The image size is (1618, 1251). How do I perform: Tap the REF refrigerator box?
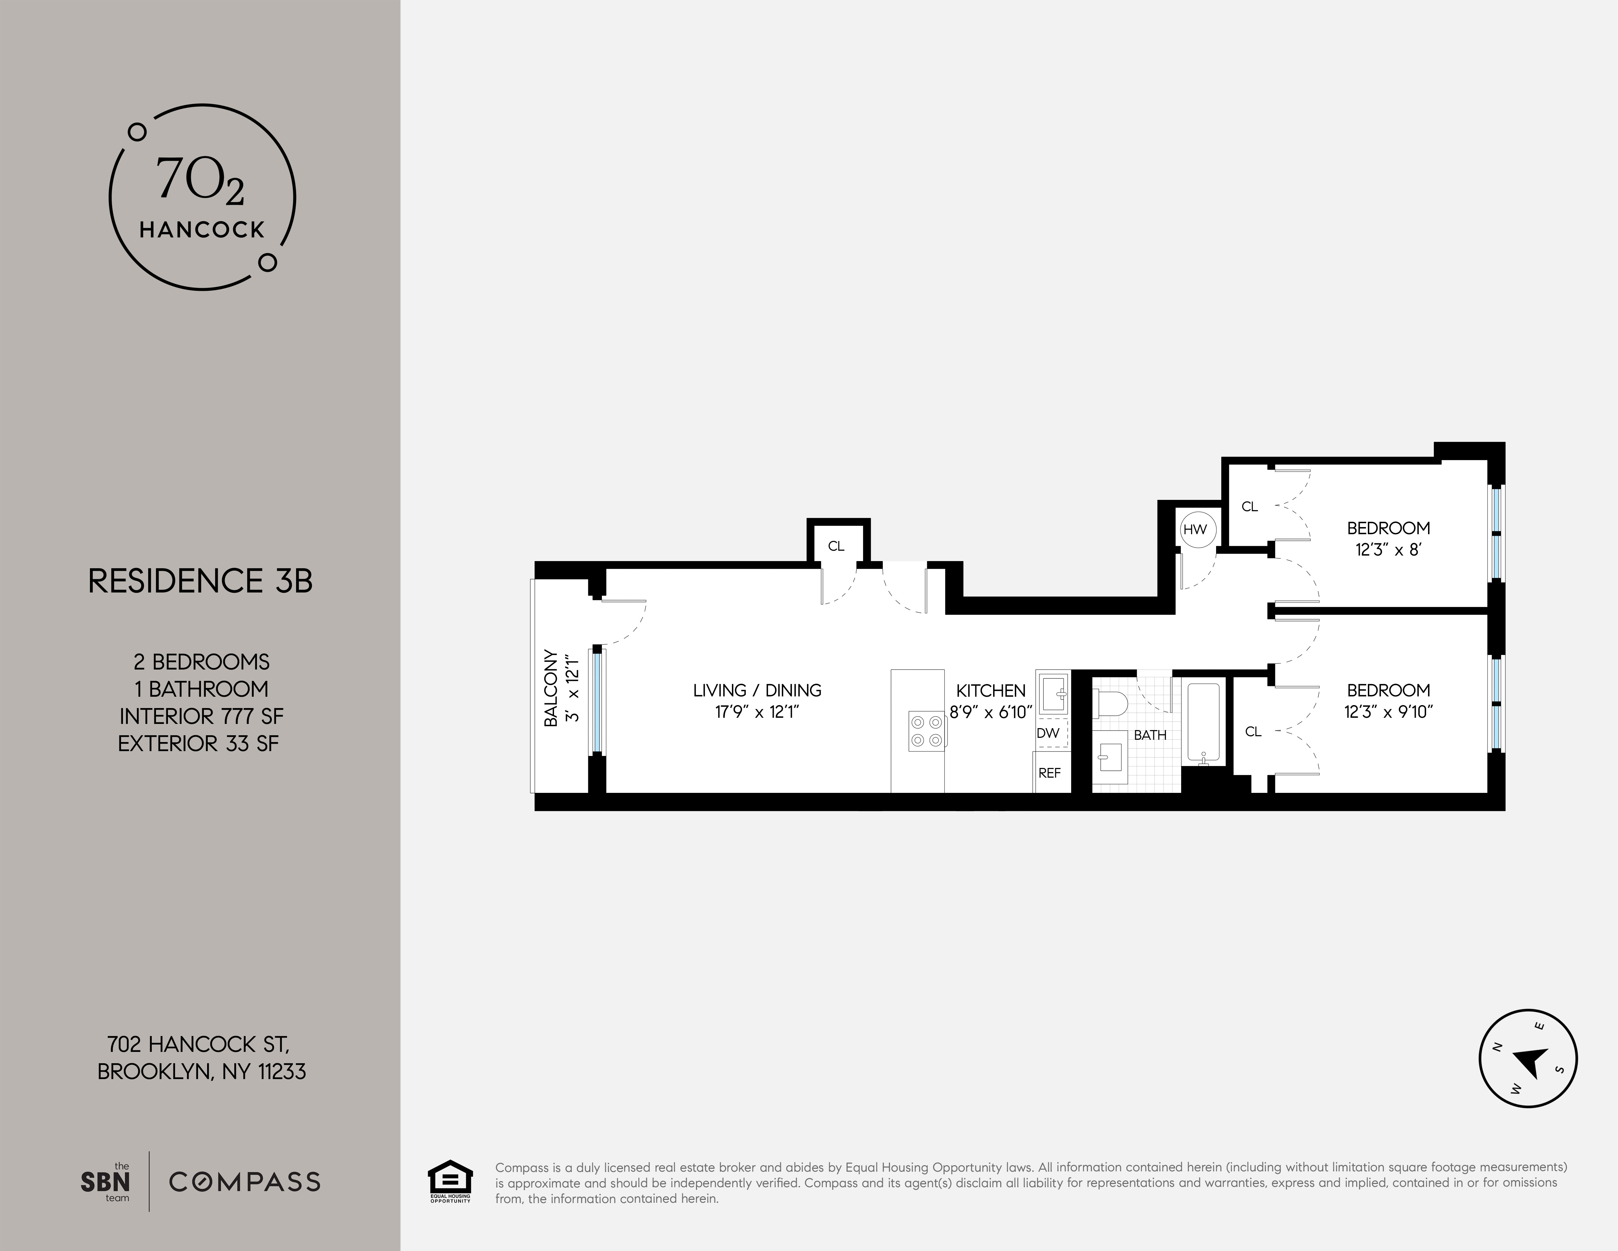click(x=1050, y=772)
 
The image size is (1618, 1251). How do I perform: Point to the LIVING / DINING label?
click(x=757, y=690)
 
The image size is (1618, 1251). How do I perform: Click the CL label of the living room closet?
click(x=836, y=546)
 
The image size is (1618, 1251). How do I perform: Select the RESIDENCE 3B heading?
click(x=200, y=581)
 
